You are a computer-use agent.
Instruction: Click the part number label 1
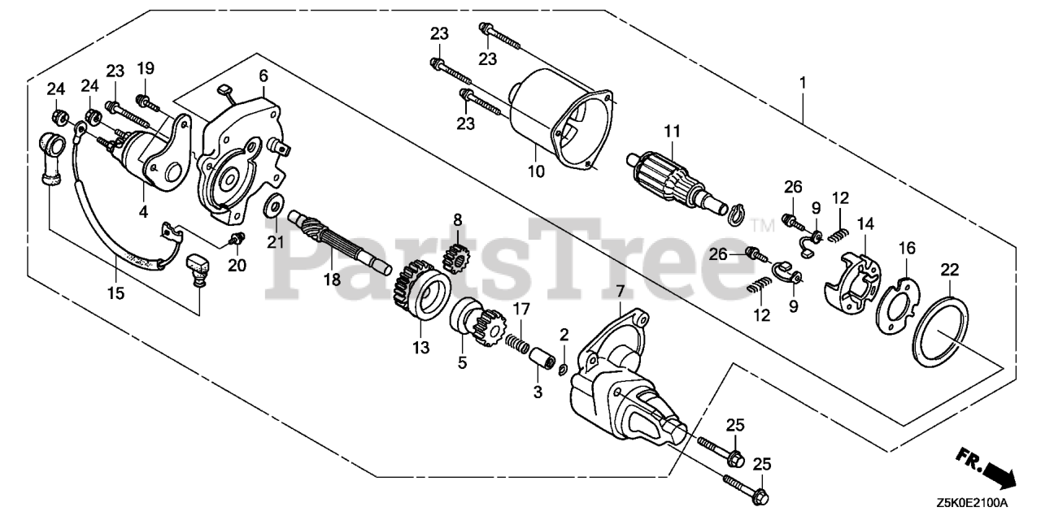(x=803, y=82)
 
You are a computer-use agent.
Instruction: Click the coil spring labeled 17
(x=515, y=343)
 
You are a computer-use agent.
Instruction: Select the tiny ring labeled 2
(x=562, y=370)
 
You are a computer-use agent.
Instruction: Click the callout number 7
(x=620, y=289)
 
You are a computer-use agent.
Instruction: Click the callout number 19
(x=146, y=67)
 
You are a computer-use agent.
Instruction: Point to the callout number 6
(x=264, y=76)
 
